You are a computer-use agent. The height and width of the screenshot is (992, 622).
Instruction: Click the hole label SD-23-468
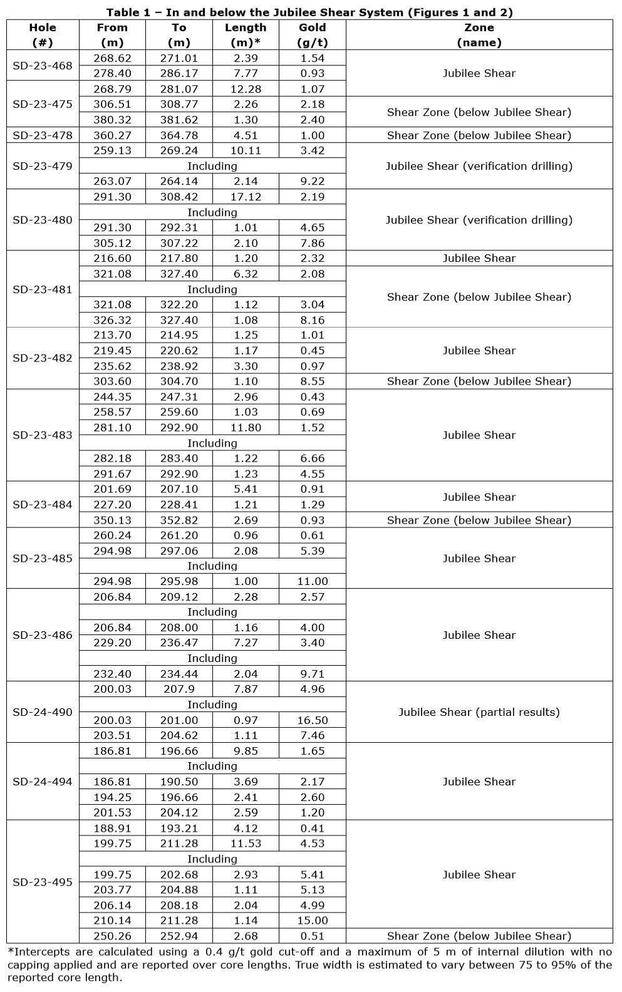pos(43,66)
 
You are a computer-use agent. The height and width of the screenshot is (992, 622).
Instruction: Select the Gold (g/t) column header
pos(312,35)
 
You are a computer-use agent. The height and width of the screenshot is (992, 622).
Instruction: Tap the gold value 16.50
pos(312,720)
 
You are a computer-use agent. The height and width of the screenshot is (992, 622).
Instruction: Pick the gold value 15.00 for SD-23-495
pos(312,921)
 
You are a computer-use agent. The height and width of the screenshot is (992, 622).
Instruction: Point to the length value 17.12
pos(246,197)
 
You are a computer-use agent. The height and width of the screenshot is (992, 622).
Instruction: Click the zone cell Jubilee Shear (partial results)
pos(479,712)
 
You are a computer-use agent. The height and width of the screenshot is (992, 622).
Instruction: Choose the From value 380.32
pos(112,120)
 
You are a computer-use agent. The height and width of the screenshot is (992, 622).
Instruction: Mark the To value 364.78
pos(179,135)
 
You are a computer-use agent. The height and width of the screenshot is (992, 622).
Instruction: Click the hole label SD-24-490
pos(43,712)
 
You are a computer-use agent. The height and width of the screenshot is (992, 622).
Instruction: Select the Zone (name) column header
pos(479,35)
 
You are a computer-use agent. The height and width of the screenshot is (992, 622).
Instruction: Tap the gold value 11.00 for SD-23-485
pos(312,581)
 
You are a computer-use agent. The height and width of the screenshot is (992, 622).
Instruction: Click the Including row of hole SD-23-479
pos(212,166)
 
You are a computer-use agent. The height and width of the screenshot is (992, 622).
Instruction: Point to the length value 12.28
pos(246,89)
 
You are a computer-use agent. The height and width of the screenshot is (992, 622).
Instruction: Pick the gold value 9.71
pos(312,674)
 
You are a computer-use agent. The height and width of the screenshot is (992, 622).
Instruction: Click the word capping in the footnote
pos(29,964)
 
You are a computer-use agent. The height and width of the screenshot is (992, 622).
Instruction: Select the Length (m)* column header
pos(246,35)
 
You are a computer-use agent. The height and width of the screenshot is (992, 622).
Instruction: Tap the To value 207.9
pos(179,689)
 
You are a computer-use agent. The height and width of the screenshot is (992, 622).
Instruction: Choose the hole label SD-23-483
pos(43,435)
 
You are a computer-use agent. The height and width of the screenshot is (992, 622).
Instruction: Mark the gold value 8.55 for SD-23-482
pos(312,381)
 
